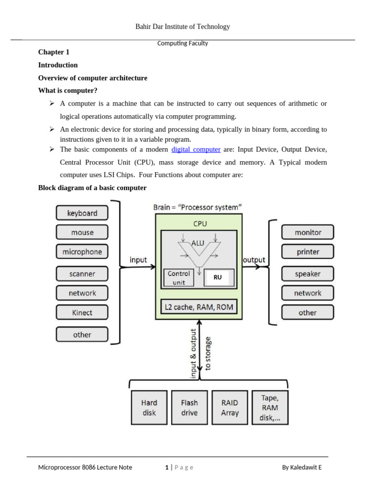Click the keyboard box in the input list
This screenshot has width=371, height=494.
(82, 213)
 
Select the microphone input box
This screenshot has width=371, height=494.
(82, 252)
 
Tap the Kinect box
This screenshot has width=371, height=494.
(82, 313)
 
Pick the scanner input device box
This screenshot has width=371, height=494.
(82, 274)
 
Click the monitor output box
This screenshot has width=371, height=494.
(308, 233)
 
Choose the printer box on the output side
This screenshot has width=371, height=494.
(308, 252)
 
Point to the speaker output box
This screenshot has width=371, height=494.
(308, 274)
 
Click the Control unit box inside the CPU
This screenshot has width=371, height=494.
(179, 278)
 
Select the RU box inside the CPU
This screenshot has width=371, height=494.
(219, 278)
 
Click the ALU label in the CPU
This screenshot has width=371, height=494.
(198, 244)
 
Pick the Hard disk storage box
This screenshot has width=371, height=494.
(149, 408)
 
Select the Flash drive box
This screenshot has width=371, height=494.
(189, 408)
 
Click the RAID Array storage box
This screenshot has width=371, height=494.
(230, 408)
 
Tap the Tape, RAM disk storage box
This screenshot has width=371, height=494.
(270, 408)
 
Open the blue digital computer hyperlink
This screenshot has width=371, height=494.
(196, 150)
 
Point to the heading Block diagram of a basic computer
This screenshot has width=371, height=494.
(92, 188)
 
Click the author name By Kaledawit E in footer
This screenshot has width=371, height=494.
(302, 467)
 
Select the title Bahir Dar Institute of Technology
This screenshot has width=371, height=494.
(183, 27)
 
